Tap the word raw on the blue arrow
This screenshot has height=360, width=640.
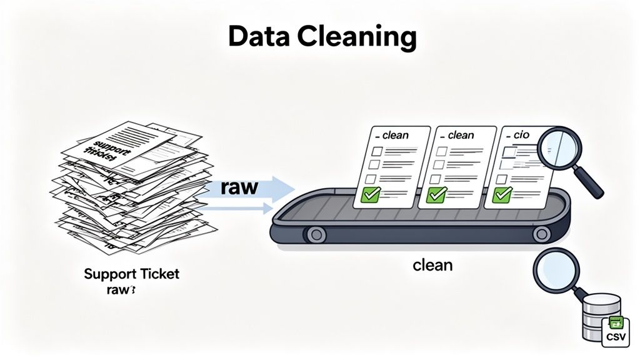click(x=239, y=188)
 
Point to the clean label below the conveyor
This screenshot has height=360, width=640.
click(x=432, y=265)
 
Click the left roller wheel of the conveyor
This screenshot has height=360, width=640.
click(x=316, y=234)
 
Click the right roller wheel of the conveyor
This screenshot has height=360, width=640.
click(x=541, y=234)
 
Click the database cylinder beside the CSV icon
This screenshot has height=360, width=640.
click(x=596, y=316)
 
